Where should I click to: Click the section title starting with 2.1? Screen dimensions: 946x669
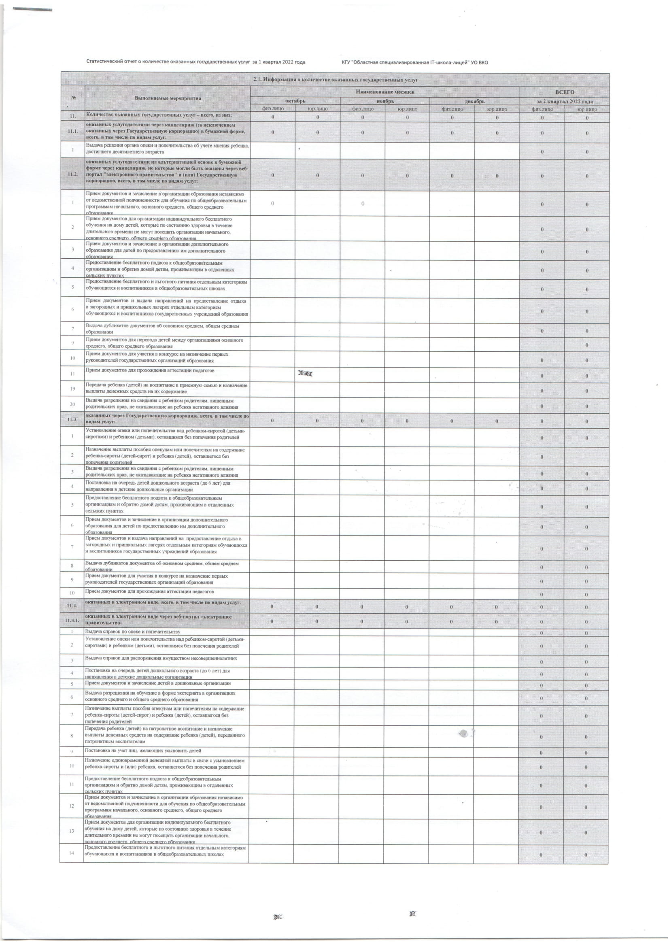click(335, 79)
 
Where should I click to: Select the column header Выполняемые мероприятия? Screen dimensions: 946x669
click(168, 98)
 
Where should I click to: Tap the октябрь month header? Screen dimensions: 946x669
click(295, 101)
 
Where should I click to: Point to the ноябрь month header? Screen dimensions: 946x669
click(385, 101)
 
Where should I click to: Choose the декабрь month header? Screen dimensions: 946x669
click(475, 101)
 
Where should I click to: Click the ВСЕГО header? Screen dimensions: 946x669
click(564, 92)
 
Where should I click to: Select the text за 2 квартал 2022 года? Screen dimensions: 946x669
click(564, 101)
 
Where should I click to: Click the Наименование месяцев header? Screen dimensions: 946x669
click(385, 91)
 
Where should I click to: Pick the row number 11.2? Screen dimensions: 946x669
click(72, 174)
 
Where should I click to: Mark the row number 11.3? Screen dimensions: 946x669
click(72, 419)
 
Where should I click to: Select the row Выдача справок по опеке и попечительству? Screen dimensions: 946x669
click(133, 631)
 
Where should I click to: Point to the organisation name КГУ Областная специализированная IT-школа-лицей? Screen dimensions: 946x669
click(414, 63)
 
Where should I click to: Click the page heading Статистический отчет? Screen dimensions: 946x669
click(195, 62)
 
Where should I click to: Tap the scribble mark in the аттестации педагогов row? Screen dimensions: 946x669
click(305, 374)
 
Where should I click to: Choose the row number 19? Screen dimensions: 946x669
click(72, 389)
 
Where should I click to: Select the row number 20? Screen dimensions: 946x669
click(72, 404)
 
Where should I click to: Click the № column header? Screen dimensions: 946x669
click(72, 98)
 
